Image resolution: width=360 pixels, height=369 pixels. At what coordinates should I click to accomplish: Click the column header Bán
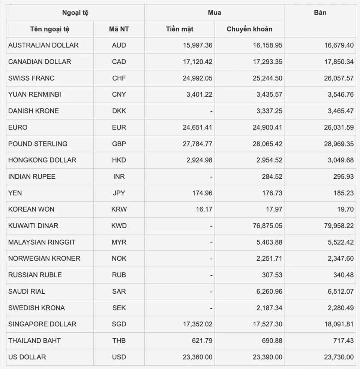click(320, 13)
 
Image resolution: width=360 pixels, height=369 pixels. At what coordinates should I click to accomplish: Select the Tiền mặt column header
click(180, 29)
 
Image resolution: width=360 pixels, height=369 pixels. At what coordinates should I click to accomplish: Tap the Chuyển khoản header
click(249, 29)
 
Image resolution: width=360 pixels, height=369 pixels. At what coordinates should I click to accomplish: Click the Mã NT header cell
click(119, 29)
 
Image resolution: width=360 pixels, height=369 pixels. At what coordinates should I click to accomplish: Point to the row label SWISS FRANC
click(31, 78)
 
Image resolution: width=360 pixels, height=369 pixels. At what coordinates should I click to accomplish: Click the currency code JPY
click(119, 193)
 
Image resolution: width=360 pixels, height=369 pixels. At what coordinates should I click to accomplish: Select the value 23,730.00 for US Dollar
click(339, 357)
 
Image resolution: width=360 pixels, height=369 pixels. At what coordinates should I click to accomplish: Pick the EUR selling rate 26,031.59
click(339, 127)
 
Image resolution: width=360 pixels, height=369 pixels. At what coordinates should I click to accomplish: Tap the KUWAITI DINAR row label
click(33, 226)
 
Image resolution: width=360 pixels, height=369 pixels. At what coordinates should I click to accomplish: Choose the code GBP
click(119, 143)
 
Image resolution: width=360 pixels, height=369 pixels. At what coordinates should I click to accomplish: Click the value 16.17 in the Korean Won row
click(204, 209)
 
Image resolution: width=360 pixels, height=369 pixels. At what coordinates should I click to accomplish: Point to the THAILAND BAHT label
click(34, 341)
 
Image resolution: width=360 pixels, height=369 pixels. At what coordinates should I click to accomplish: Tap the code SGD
click(119, 324)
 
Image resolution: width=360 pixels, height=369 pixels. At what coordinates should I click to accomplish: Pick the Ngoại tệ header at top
click(75, 13)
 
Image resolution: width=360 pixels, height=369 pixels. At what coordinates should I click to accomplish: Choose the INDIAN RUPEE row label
click(32, 176)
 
